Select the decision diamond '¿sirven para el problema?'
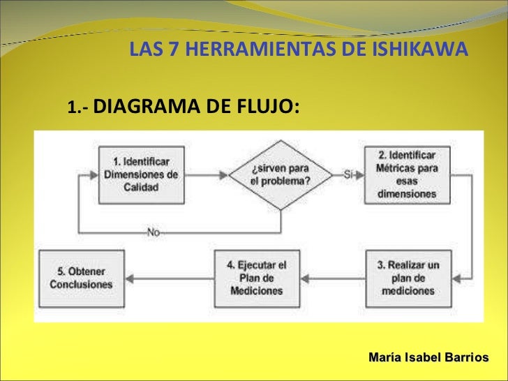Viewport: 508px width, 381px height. point(281,175)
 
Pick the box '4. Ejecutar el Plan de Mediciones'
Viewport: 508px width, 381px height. point(256,278)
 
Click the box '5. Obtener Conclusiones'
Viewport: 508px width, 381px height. point(81,278)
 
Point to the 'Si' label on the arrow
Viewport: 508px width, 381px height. point(349,174)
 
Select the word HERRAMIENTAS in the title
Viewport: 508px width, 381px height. point(252,50)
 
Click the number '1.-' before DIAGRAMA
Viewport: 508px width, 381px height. point(77,108)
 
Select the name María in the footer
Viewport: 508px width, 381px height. point(384,357)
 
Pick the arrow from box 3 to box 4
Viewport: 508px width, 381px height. point(331,278)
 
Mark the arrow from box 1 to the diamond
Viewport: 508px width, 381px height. point(208,175)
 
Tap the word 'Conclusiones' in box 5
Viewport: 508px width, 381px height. point(81,285)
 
